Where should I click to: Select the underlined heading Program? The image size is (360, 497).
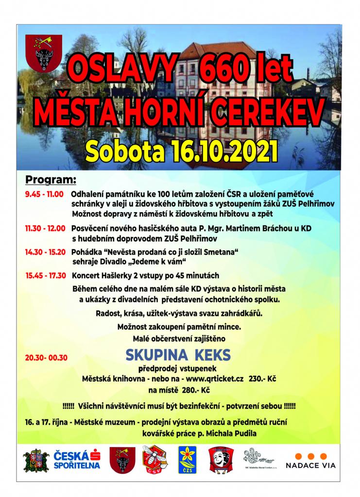click(51, 181)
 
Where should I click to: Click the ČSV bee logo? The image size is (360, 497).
click(154, 460)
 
